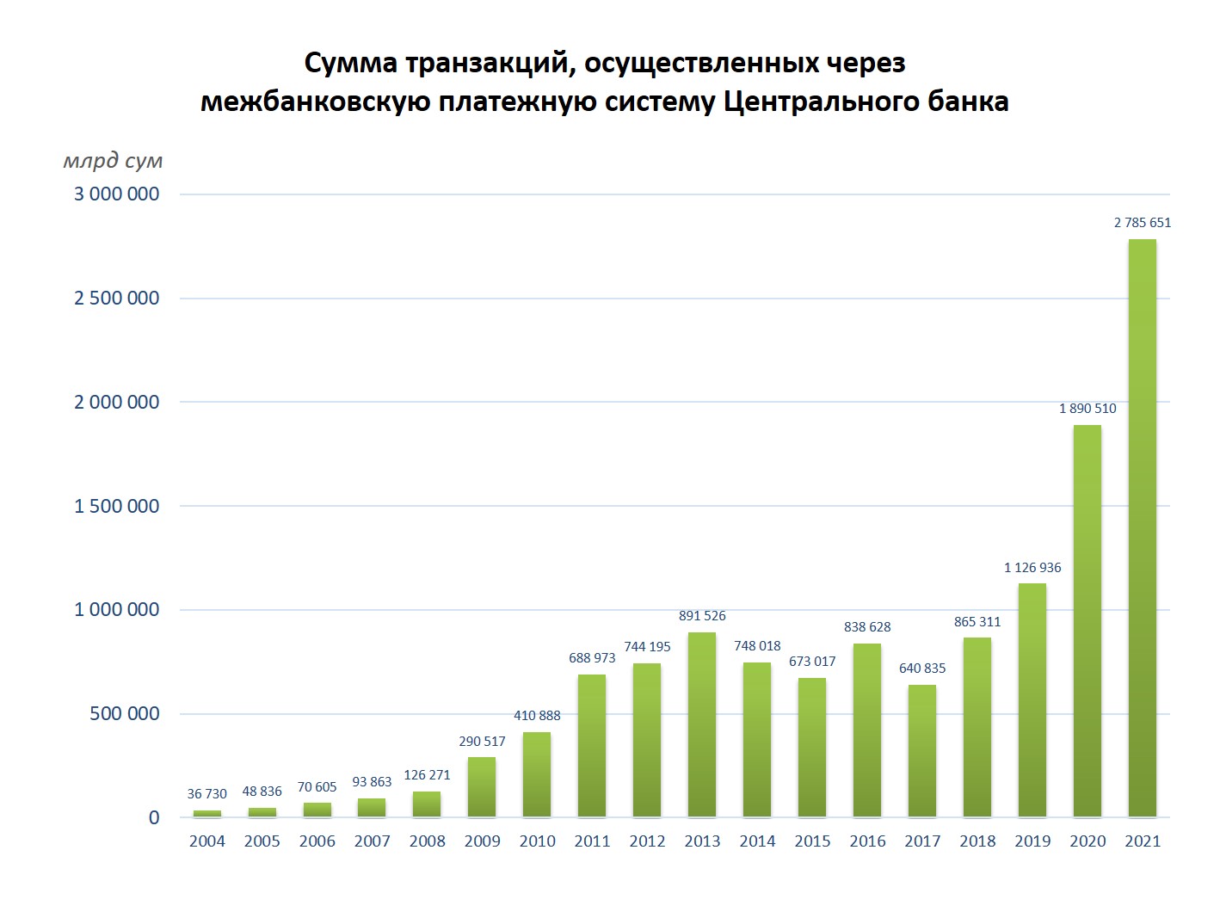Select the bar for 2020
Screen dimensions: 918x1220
coord(1087,620)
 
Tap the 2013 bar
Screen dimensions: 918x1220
coord(702,724)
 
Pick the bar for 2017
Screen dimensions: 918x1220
coord(921,750)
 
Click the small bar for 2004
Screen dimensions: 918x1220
coord(206,813)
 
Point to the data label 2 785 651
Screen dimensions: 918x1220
coord(1142,223)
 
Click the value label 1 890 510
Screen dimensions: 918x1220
coord(1088,409)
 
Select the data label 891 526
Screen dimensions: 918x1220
coord(702,616)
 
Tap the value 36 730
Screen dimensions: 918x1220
coord(206,794)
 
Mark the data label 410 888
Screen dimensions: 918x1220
coord(537,716)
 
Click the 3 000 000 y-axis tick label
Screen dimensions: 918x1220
coord(117,194)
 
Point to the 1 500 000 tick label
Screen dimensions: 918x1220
coord(117,506)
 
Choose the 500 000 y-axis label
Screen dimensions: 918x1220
coord(125,714)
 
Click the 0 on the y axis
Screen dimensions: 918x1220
coord(154,818)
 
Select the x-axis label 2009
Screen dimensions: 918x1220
coord(482,841)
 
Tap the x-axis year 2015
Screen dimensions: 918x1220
coord(812,841)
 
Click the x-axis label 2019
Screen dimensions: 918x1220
coord(1032,841)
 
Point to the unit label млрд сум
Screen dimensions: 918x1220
coord(113,161)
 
